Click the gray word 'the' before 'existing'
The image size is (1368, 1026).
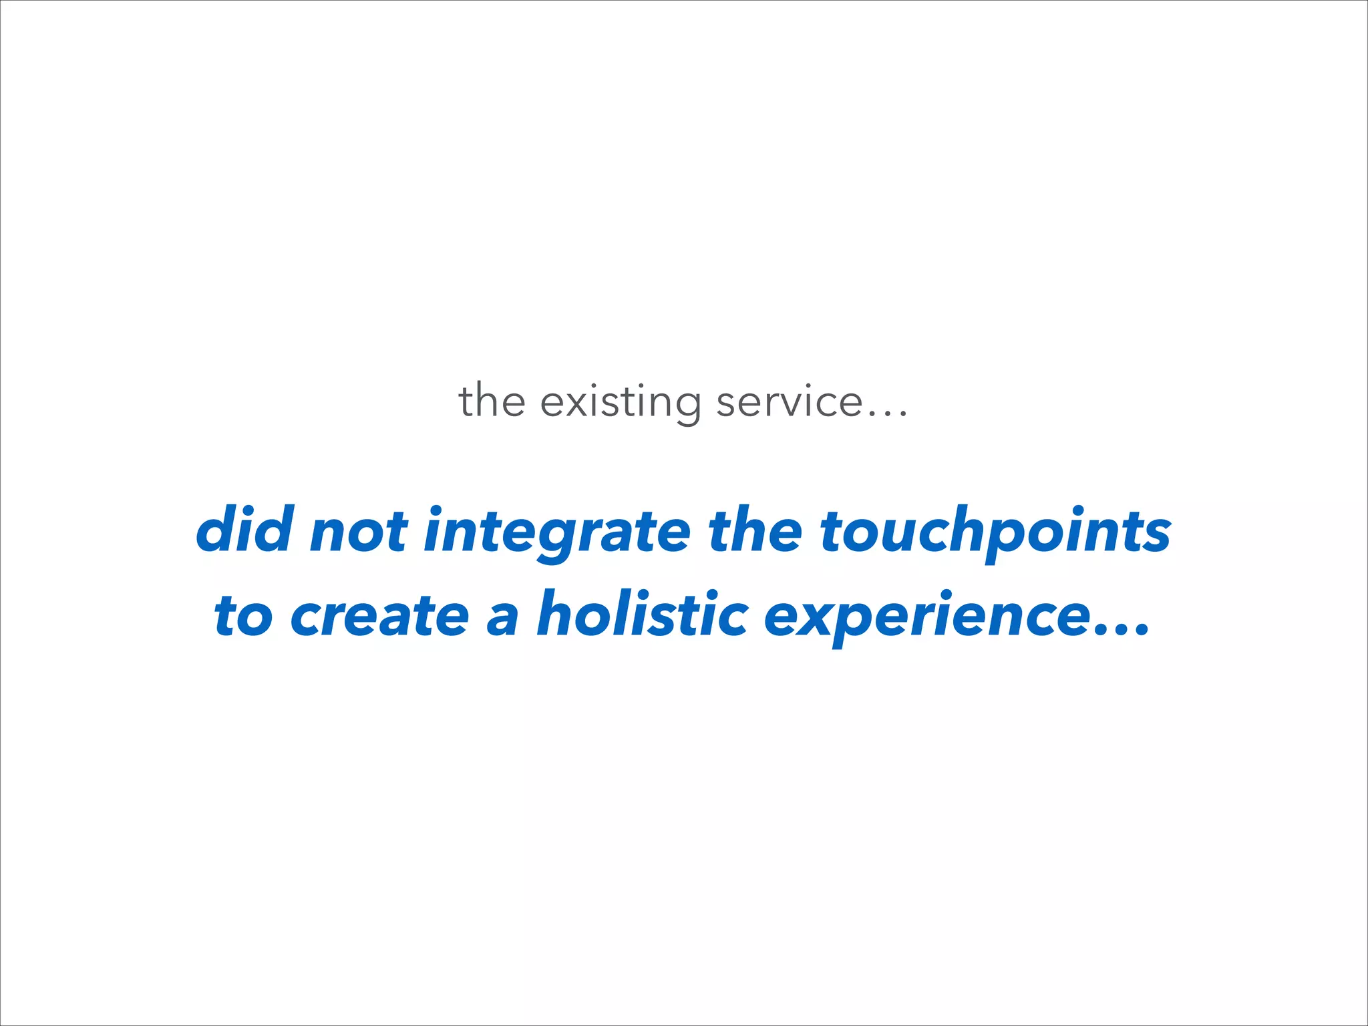click(x=492, y=401)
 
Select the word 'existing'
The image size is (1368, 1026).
click(x=621, y=403)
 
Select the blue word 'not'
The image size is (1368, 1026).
click(x=359, y=532)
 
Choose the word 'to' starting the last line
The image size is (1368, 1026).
click(x=243, y=616)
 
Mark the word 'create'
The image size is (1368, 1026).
click(x=379, y=616)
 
